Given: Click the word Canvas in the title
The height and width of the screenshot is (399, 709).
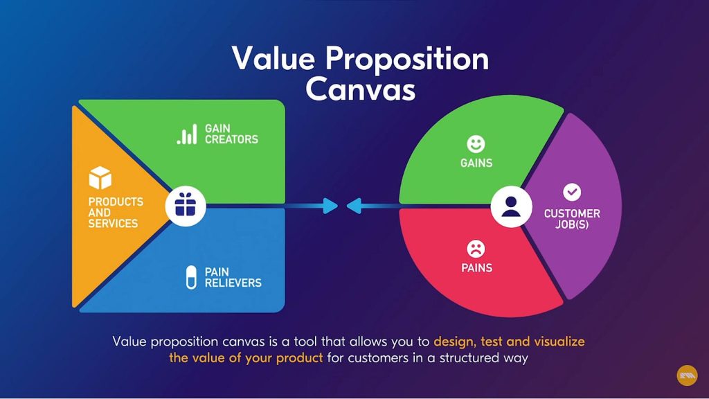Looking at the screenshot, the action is point(360,89).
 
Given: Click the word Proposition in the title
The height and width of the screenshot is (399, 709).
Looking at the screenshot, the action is point(407,60).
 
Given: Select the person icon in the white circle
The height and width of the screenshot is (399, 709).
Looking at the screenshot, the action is point(511,206).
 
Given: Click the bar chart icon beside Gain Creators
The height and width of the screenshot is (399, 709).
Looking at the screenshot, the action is point(187,134).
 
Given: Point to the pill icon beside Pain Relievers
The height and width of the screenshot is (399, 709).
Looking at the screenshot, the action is point(191,277).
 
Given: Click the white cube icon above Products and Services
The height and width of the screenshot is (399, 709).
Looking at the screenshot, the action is point(100,177).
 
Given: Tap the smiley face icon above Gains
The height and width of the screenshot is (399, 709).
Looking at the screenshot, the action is point(476,144).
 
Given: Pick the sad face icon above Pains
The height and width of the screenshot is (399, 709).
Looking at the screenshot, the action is point(476,249).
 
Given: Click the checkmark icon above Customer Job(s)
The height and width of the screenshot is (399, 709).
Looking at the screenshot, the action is point(572,193).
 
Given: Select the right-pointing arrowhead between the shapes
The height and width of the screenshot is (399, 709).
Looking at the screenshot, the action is point(330,206).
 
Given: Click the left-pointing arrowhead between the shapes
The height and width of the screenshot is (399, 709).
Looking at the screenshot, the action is point(354,206).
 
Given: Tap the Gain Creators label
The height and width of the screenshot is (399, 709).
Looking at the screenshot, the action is point(231,134).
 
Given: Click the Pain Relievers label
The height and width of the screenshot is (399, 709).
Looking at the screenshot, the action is point(233,277).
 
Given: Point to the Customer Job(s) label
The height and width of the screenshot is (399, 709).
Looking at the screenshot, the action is point(572,219).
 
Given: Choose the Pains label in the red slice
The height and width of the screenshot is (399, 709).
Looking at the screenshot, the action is point(476,268).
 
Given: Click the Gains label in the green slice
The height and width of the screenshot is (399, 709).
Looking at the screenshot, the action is point(476,163).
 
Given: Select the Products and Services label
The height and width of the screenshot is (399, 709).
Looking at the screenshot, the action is point(116,213).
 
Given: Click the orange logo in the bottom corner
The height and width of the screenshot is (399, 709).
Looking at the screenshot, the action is point(687,375).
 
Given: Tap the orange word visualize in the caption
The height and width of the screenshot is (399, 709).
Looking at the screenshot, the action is point(559,341).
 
